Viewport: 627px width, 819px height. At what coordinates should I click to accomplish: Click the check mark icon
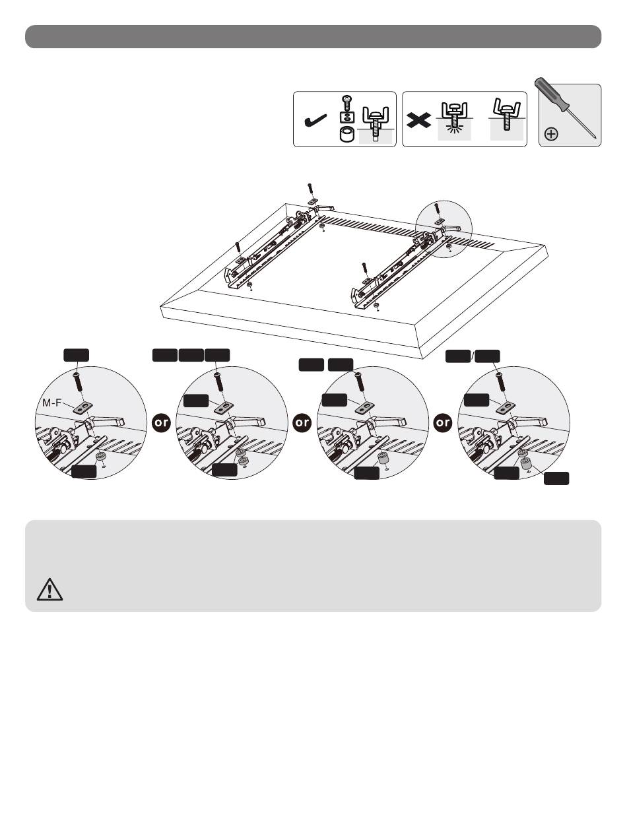coord(315,121)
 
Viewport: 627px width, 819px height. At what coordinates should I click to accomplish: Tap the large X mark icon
coord(418,121)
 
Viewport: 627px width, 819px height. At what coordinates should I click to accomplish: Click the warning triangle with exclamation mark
coord(49,589)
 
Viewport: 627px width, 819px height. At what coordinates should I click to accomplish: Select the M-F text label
coord(51,403)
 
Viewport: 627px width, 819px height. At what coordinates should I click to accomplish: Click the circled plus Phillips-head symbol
coord(551,134)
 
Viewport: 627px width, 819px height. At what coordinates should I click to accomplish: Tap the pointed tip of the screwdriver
coord(595,138)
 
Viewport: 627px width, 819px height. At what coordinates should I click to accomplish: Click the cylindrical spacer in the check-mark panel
coord(346,135)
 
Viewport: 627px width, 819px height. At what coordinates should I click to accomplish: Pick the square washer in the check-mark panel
coord(346,117)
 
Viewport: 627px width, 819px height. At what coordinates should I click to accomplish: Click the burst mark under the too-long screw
coord(455,129)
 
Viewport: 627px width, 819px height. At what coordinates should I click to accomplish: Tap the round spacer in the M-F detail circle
coord(100,457)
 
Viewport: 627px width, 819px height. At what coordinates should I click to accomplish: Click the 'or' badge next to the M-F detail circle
coord(161,422)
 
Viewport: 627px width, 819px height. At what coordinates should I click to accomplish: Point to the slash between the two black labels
coord(473,356)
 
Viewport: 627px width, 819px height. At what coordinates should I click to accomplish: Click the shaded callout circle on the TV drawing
coord(444,229)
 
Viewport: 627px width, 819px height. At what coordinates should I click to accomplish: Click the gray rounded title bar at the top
coord(313,36)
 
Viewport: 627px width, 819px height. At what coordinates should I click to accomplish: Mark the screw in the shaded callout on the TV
coord(437,209)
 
